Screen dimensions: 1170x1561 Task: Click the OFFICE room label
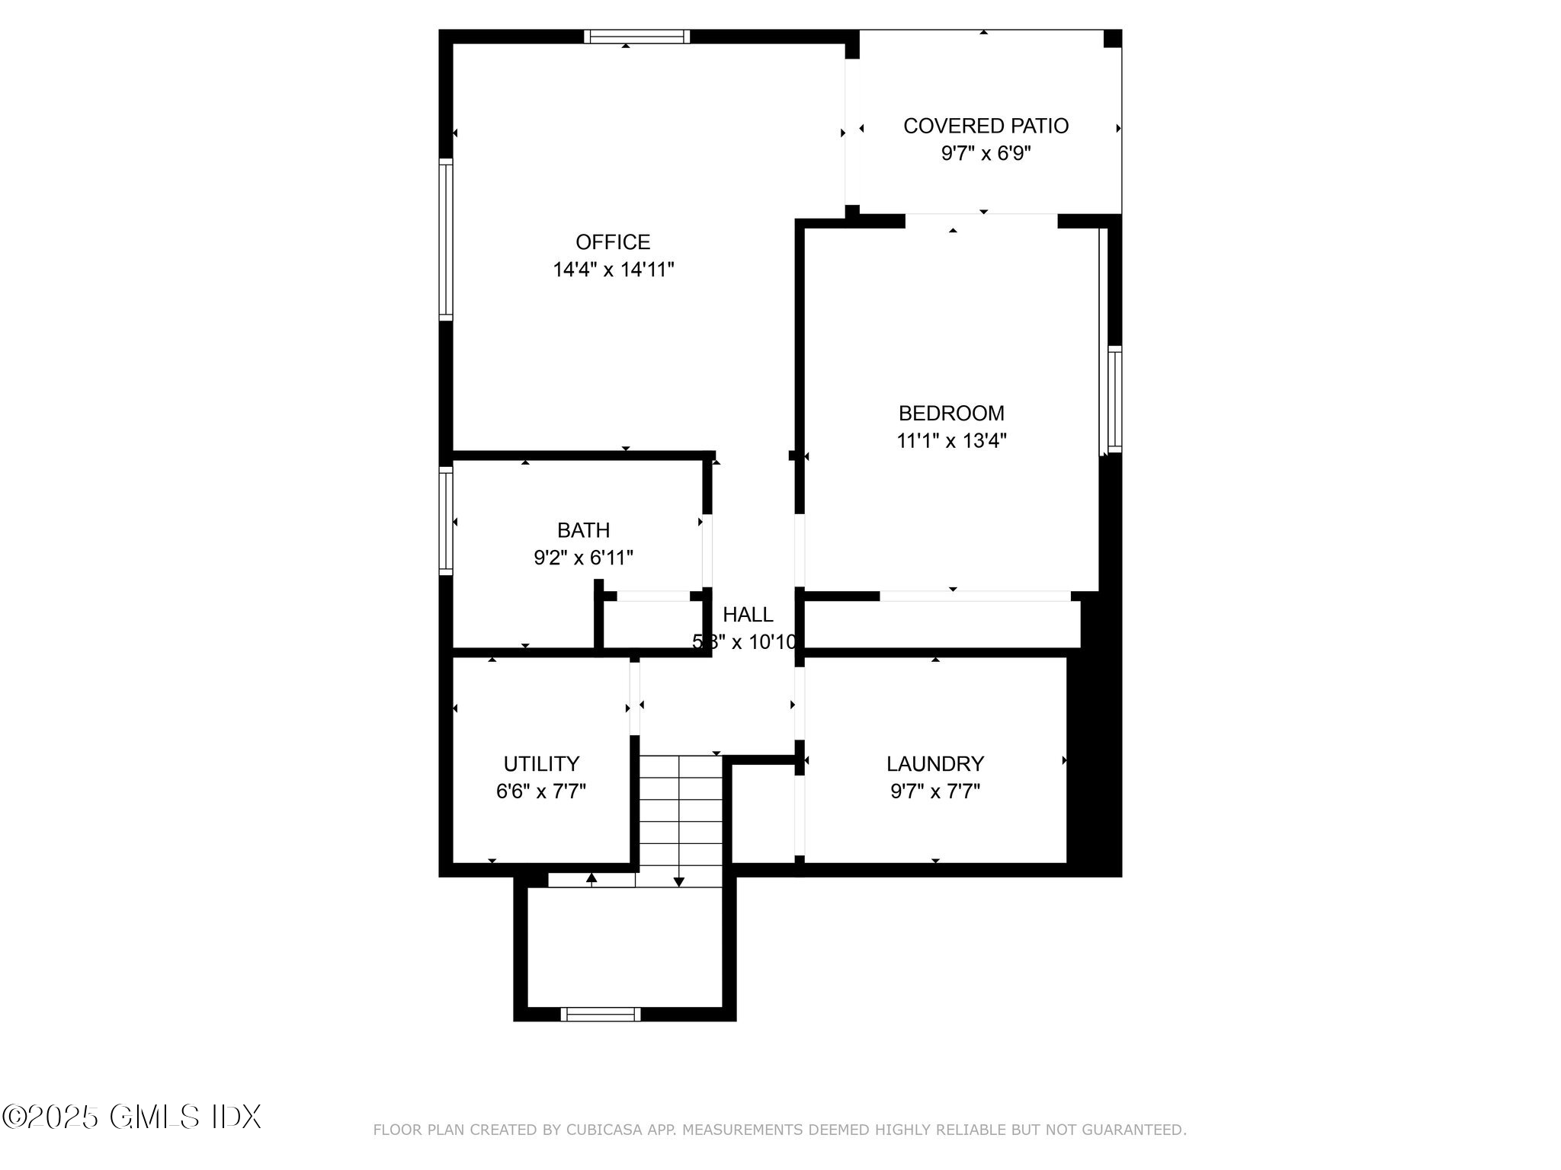613,242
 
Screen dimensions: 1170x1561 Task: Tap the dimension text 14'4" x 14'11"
614,270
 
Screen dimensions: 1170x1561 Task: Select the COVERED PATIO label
986,126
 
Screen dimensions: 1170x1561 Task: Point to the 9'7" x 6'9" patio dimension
986,154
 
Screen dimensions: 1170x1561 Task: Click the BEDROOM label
951,413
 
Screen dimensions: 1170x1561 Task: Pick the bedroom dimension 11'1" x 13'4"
951,441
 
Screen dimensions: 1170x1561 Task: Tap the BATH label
583,530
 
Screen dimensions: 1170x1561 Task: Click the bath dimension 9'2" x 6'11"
583,558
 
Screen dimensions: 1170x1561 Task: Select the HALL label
748,614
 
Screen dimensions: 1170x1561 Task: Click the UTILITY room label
541,763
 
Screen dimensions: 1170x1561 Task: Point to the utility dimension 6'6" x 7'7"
541,791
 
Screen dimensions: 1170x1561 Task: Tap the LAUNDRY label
935,763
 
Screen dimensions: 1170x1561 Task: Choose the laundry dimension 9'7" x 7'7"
935,791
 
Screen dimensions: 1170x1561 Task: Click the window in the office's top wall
636,37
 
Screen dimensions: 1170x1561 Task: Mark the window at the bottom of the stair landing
601,1014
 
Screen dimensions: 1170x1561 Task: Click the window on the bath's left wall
446,520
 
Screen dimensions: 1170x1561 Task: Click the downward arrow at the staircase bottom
679,881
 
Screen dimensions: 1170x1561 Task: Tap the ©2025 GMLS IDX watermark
131,1117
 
